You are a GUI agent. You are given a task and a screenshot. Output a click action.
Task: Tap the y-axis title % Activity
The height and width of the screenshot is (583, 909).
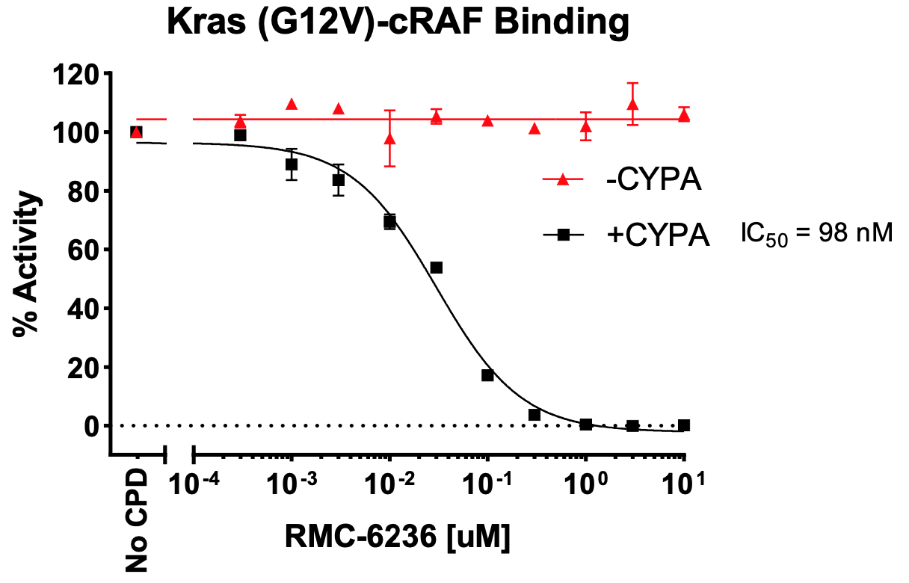point(28,265)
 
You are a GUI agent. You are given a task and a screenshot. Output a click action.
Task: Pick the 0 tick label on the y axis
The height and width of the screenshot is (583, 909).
point(92,426)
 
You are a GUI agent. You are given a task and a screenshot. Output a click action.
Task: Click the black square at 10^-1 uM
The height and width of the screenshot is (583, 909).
point(487,375)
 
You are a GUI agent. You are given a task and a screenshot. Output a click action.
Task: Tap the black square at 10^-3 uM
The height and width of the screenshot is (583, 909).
point(292,164)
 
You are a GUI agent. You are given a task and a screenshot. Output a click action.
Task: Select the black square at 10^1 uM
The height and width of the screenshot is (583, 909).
point(683,425)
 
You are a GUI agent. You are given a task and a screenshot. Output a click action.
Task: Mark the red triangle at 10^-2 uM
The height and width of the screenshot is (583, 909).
point(389,138)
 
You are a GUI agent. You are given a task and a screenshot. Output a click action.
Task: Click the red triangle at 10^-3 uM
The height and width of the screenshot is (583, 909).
point(292,104)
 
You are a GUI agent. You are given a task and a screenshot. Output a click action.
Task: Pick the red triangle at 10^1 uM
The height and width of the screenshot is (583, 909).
point(683,115)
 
